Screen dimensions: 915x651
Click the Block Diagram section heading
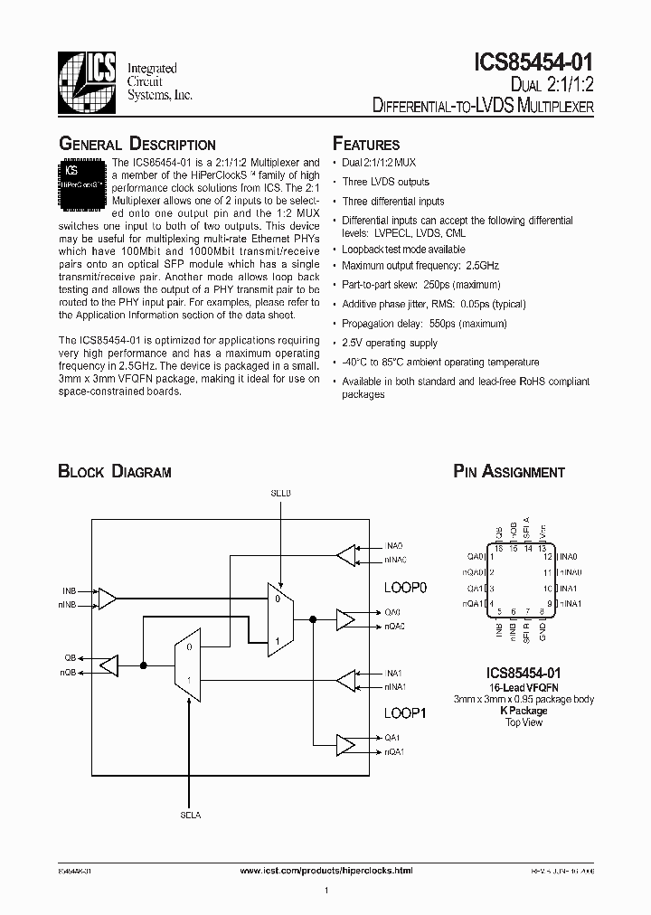[115, 471]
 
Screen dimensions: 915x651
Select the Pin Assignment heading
[509, 471]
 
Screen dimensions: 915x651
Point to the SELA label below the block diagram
[190, 814]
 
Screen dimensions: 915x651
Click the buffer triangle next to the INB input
[107, 598]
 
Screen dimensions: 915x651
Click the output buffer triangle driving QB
[108, 665]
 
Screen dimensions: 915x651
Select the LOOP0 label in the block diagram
[405, 587]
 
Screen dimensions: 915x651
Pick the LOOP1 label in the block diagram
[405, 712]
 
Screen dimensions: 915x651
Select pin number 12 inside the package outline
[547, 558]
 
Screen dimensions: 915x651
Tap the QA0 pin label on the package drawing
[476, 557]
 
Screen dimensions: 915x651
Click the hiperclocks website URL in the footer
[327, 870]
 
